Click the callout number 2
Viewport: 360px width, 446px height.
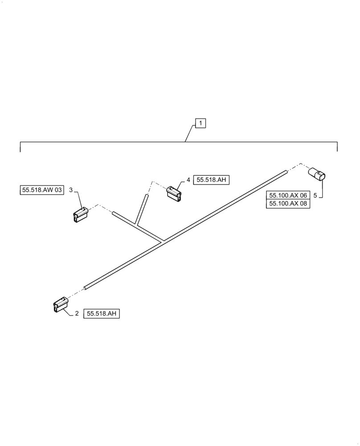(x=77, y=314)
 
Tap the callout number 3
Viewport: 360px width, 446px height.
(x=71, y=190)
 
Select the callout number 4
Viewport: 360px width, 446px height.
(x=188, y=180)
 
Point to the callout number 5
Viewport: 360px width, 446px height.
(x=315, y=195)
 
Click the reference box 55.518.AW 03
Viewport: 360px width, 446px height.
(x=42, y=190)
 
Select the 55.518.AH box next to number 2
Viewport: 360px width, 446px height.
(x=102, y=314)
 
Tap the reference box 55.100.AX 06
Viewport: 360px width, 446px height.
(x=288, y=195)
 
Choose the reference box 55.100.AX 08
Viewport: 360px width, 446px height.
(x=288, y=203)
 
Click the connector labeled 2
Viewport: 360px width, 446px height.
(x=59, y=305)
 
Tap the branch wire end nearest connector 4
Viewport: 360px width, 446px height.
(x=146, y=196)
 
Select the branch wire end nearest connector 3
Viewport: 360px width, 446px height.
(x=114, y=214)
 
